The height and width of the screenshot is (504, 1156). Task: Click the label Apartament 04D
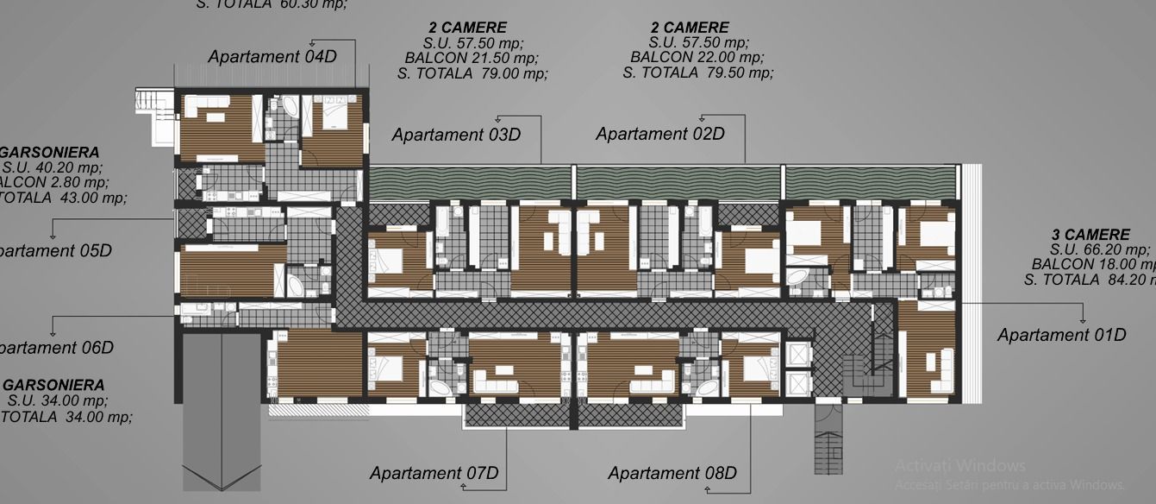coord(272,57)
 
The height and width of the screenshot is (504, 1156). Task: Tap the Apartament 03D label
coord(456,135)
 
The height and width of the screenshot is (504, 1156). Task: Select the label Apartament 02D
coord(659,134)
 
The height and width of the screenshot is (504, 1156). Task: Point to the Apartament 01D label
coord(1061,335)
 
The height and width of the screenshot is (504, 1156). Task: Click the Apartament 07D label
coord(434,473)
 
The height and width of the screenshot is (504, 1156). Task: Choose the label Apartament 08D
coord(672,473)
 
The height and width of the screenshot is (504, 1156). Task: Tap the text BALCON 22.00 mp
coord(697,57)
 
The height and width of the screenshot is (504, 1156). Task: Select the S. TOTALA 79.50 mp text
coord(697,72)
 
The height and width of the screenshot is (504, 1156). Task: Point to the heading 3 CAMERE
coord(1090,235)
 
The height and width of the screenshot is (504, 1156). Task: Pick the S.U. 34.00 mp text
coord(58,400)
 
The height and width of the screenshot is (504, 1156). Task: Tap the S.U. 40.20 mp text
coord(52,167)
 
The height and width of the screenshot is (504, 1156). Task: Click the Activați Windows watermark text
coord(959,466)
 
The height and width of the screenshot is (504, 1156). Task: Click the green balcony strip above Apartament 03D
coord(469,182)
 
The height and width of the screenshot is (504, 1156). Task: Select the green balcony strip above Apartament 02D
coord(678,182)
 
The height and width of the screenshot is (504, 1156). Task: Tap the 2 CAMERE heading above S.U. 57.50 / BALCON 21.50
coord(467,28)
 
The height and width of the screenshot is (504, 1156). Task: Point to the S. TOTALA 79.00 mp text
coord(472,73)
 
